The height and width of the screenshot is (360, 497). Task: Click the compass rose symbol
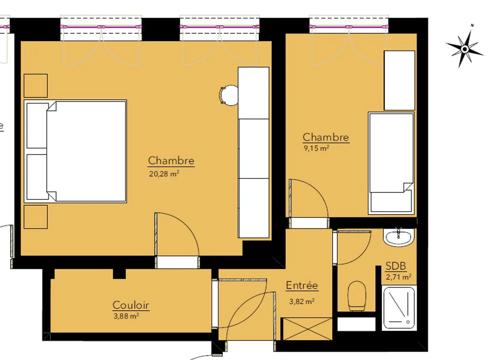point(465,49)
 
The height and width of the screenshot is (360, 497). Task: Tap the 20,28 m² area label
point(164,173)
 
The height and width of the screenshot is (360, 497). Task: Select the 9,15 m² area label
point(316,148)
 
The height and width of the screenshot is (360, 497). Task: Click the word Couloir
point(131,305)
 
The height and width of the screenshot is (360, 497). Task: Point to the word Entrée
point(302,285)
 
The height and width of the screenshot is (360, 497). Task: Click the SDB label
point(396,266)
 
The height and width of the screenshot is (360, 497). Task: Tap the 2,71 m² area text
point(399,277)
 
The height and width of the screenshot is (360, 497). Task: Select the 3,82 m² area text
point(302,301)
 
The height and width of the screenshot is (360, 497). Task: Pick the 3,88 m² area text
point(126,316)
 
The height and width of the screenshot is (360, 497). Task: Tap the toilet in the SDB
point(357,296)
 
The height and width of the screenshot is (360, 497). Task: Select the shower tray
point(399,308)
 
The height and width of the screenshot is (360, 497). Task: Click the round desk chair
point(229,95)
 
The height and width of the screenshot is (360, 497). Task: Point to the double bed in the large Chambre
point(76,151)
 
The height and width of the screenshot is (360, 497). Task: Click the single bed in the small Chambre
point(391,163)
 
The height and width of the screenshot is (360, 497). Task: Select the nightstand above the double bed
point(36,86)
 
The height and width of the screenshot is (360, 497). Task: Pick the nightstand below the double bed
point(36,217)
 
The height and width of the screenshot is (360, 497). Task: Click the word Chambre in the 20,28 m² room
point(171,160)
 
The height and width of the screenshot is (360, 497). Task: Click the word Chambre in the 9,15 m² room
point(326,137)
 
